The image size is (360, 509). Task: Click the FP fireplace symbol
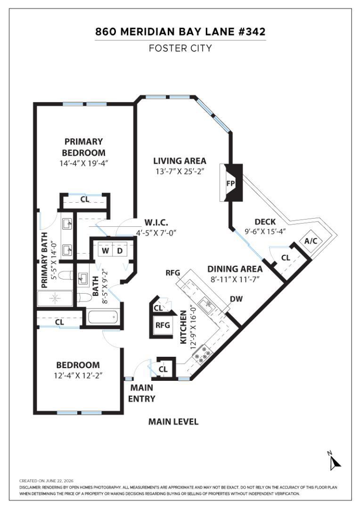point(231,183)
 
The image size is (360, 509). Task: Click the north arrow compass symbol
point(334,460)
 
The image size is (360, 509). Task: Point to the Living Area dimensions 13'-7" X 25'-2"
point(180,172)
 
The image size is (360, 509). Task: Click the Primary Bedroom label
point(83,147)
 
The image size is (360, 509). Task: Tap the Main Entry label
point(142,393)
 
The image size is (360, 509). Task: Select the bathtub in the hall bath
point(102,317)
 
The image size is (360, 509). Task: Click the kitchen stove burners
point(202,354)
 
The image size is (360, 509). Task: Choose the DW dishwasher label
point(237,299)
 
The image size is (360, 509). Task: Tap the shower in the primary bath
point(55,298)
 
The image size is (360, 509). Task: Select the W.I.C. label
point(156,222)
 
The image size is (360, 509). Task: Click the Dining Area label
point(235,269)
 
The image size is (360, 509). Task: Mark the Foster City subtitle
point(180,49)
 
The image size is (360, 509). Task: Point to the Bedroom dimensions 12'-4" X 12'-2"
point(78,376)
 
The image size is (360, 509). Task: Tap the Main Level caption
point(173,422)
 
